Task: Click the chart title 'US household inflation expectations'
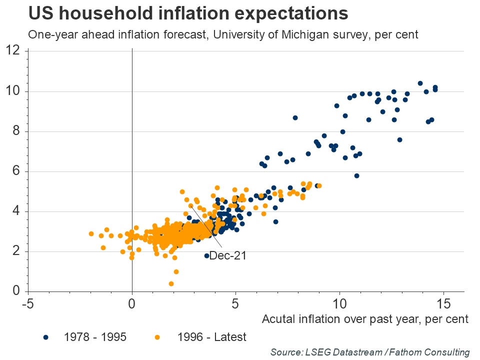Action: tap(188, 13)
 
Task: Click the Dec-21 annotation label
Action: tap(228, 255)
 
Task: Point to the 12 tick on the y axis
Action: tap(13, 51)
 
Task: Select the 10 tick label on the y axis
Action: tap(13, 91)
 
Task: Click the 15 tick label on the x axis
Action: tap(443, 303)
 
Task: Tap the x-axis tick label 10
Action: tap(339, 303)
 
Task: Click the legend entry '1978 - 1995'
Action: tap(95, 337)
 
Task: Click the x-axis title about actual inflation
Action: tap(365, 319)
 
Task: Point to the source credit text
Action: tap(370, 352)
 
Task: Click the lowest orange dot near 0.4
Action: tap(171, 283)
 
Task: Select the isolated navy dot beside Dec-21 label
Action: tap(206, 256)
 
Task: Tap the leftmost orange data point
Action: tap(91, 233)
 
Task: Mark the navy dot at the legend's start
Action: tap(46, 337)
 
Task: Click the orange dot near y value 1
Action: tap(176, 271)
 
